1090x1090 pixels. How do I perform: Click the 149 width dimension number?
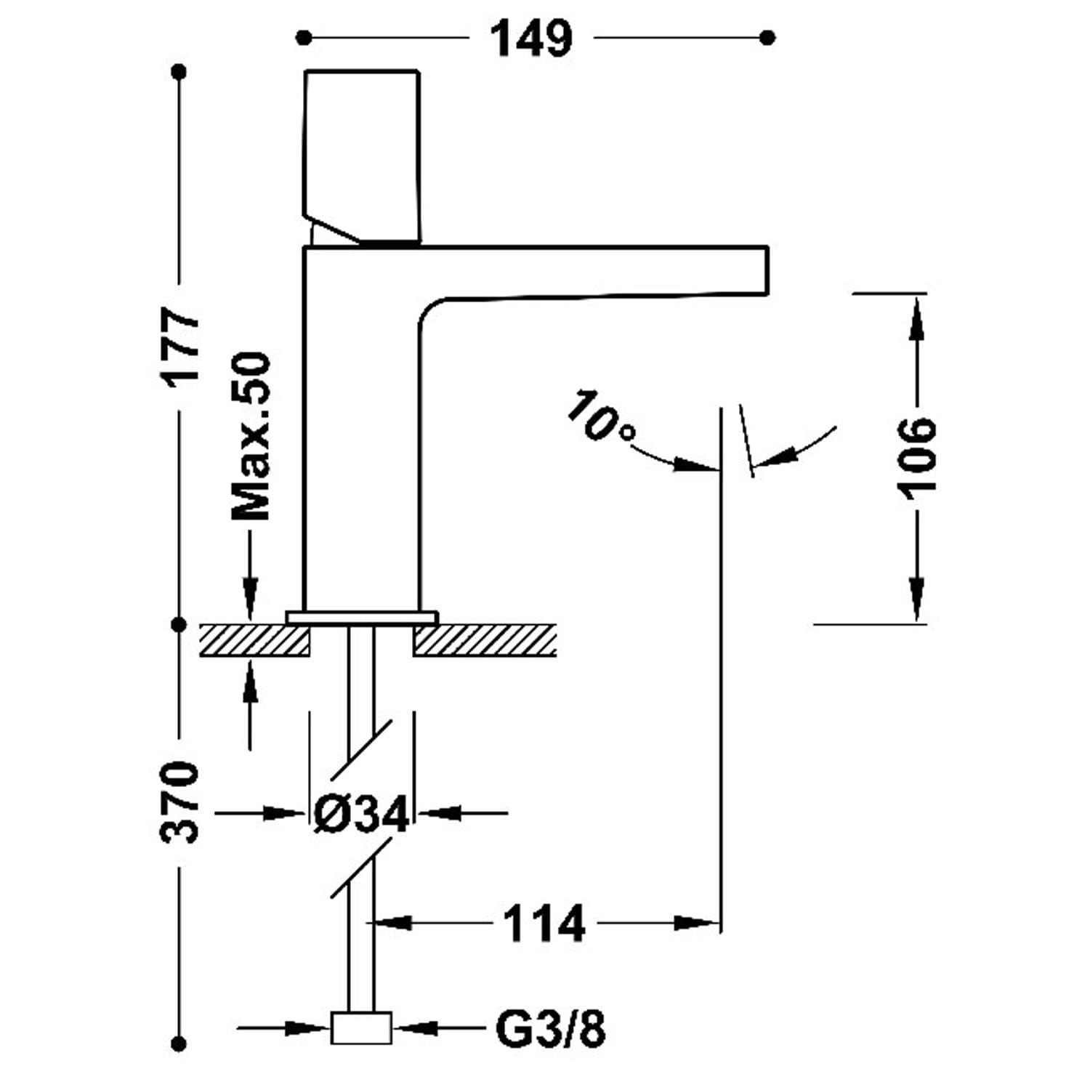coord(531,38)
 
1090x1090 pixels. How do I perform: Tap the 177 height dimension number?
coord(180,346)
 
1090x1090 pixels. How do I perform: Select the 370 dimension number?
coord(179,802)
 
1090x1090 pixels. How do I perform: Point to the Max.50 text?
coord(251,436)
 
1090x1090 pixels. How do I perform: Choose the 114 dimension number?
coord(544,924)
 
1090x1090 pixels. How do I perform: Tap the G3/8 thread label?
coord(550,1029)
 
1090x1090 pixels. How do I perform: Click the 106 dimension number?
coord(916,458)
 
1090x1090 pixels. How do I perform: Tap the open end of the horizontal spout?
coord(766,271)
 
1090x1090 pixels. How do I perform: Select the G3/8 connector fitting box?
coord(361,1028)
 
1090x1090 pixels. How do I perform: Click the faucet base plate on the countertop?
coord(362,618)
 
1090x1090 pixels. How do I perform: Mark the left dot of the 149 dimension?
coord(304,37)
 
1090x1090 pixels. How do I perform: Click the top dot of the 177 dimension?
coord(180,71)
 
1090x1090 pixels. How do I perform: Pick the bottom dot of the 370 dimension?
coord(180,1044)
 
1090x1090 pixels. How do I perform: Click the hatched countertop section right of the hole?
coord(485,640)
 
